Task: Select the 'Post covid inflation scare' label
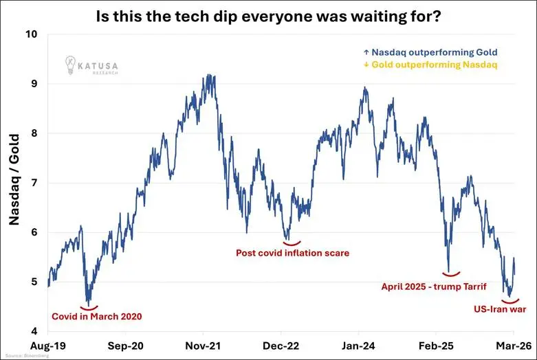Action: click(x=293, y=253)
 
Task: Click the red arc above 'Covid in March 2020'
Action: click(x=89, y=307)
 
